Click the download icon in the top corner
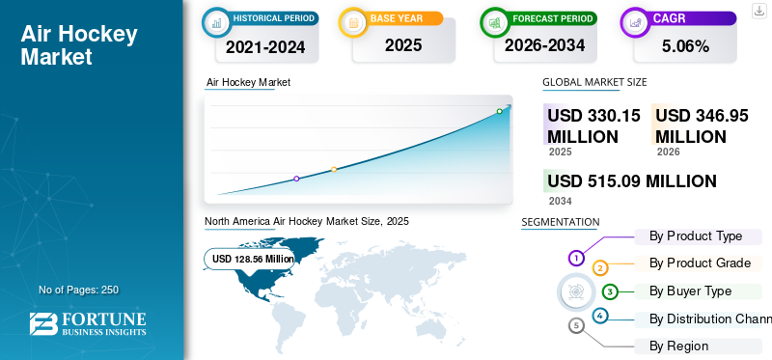[758, 11]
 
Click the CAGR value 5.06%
[685, 46]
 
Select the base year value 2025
[403, 45]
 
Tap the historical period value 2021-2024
[265, 47]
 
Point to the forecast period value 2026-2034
[544, 45]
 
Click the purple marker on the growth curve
[296, 179]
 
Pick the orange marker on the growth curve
[334, 170]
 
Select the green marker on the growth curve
[499, 111]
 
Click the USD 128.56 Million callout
[250, 259]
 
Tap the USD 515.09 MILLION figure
[632, 181]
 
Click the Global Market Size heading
[594, 82]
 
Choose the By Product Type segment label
[696, 236]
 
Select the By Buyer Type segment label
[690, 291]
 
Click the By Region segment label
[678, 346]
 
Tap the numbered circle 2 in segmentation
[600, 268]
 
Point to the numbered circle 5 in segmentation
[577, 325]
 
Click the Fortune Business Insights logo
[88, 323]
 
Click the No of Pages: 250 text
[79, 290]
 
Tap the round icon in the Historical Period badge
[216, 22]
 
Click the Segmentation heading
[561, 222]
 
